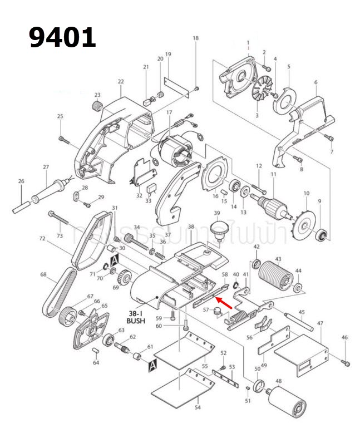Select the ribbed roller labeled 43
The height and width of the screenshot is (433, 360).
pyautogui.click(x=275, y=274)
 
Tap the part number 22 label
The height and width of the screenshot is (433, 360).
pyautogui.click(x=121, y=82)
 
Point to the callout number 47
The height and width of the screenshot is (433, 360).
pyautogui.click(x=320, y=323)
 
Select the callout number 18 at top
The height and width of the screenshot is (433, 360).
pyautogui.click(x=195, y=38)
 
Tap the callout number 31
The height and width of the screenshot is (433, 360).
pyautogui.click(x=115, y=208)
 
